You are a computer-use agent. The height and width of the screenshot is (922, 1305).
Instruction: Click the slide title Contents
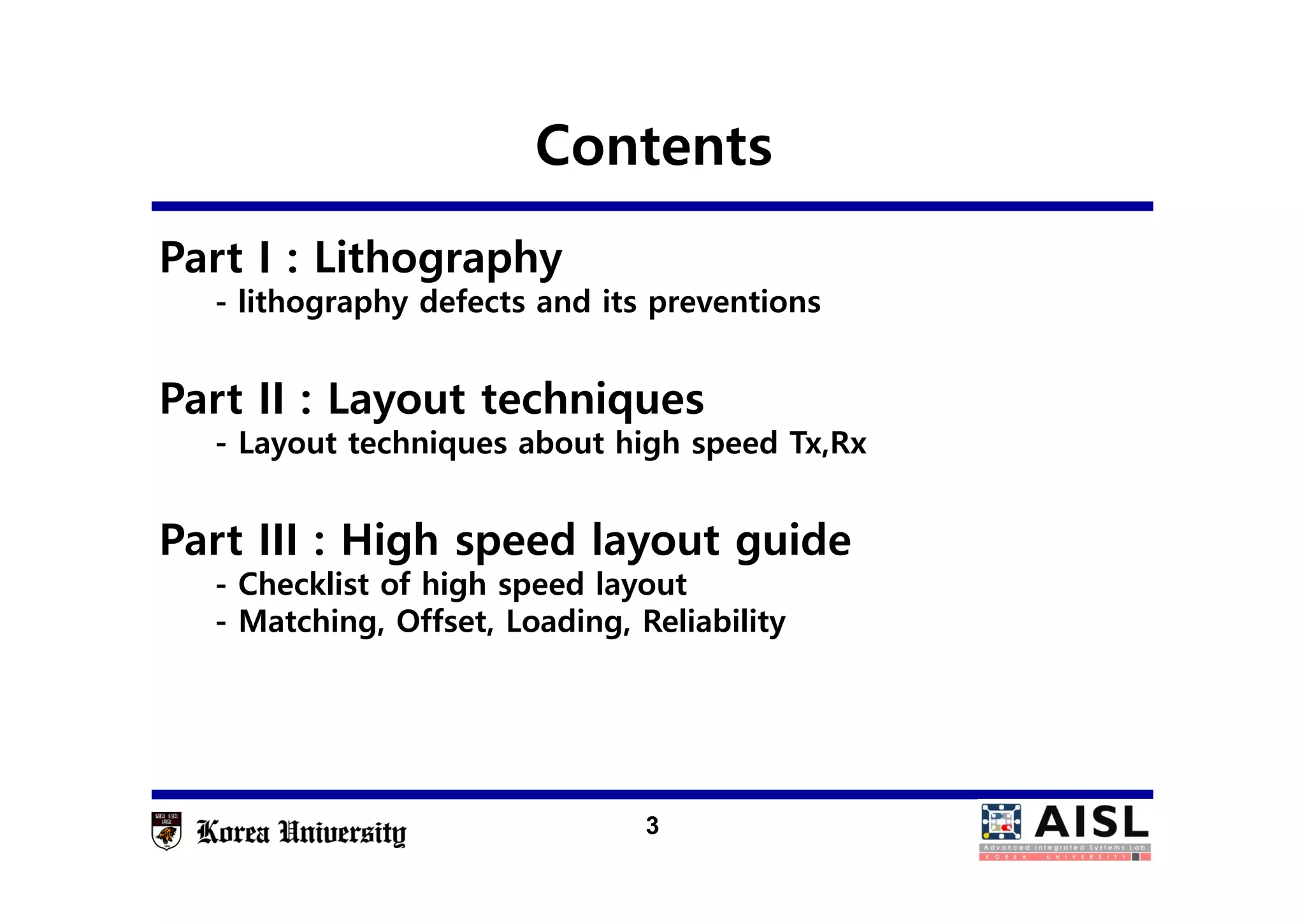pyautogui.click(x=654, y=146)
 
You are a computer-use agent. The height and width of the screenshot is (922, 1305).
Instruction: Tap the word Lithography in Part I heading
pyautogui.click(x=438, y=259)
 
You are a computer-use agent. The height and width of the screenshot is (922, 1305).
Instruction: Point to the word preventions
pyautogui.click(x=734, y=302)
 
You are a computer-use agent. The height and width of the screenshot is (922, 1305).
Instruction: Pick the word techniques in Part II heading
pyautogui.click(x=593, y=399)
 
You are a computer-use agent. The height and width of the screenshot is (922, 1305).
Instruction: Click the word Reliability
pyautogui.click(x=714, y=622)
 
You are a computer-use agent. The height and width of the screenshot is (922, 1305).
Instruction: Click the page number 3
pyautogui.click(x=652, y=826)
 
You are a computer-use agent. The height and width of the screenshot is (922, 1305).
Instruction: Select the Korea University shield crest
pyautogui.click(x=167, y=830)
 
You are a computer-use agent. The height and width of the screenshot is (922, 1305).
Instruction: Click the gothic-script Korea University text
pyautogui.click(x=301, y=833)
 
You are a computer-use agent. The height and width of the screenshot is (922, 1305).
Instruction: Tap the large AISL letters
pyautogui.click(x=1091, y=822)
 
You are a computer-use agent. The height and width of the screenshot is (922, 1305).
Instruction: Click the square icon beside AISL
pyautogui.click(x=1001, y=822)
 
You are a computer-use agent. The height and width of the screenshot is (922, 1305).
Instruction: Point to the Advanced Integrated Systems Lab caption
pyautogui.click(x=1064, y=848)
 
